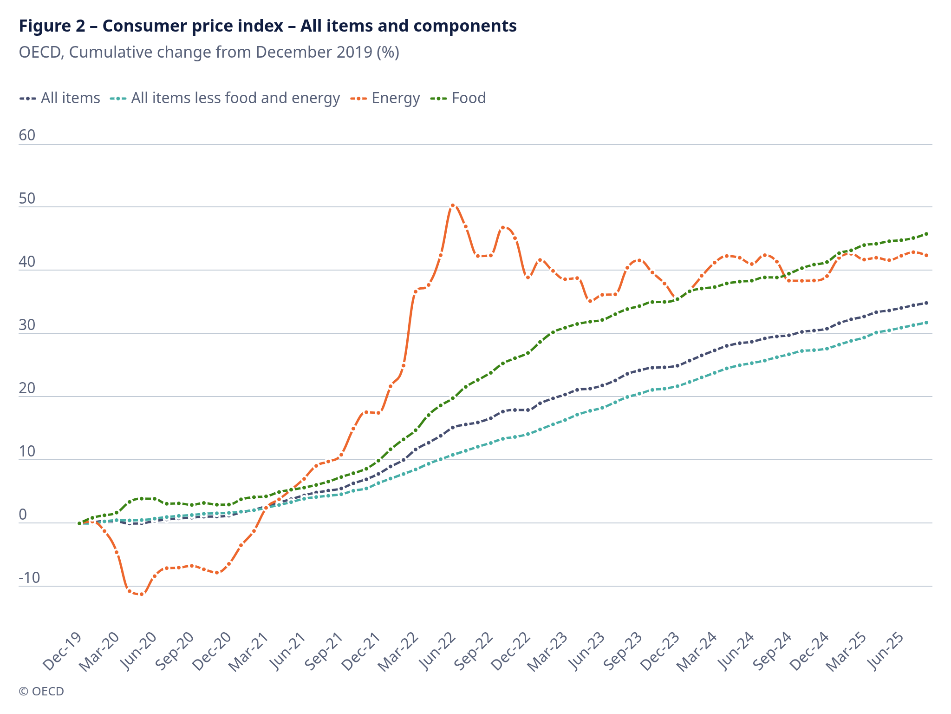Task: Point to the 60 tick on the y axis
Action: [27, 135]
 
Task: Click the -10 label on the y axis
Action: [29, 578]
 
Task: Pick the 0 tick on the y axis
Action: [23, 515]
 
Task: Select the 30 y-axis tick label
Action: [27, 325]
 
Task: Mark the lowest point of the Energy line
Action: [142, 594]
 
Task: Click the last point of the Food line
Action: [926, 234]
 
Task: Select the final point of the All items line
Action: [926, 303]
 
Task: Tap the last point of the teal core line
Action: [926, 322]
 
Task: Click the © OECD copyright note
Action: [41, 691]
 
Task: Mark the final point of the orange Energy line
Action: [926, 255]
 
